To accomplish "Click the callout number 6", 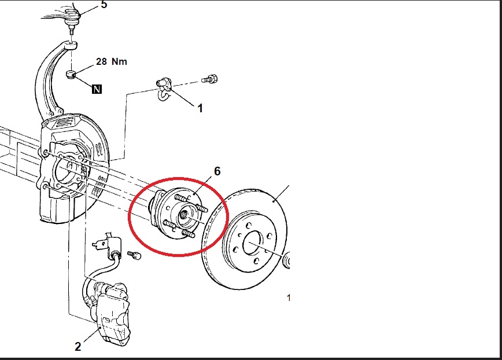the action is pos(217,171).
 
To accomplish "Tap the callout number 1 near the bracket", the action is pos(200,108).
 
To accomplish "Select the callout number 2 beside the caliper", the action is pos(78,346).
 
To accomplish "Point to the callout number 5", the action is pos(104,5).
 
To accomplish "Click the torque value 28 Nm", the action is pos(112,61).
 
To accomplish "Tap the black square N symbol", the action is pos(97,89).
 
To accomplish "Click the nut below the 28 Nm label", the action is pos(71,74).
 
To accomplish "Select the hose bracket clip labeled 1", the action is pos(164,88).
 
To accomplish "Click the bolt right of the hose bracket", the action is pos(210,79).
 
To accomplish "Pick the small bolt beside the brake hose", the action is pos(134,255).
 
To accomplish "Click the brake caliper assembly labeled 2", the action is pos(112,313).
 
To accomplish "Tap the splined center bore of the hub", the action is pos(183,214).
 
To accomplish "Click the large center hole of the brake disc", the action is pos(253,243).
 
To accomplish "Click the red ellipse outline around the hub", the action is pos(128,216).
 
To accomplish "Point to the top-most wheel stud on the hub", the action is pos(181,197).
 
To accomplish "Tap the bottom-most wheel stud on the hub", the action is pos(189,233).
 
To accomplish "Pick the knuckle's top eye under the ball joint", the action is pos(71,45).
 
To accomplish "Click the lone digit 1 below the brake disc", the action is pos(289,298).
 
